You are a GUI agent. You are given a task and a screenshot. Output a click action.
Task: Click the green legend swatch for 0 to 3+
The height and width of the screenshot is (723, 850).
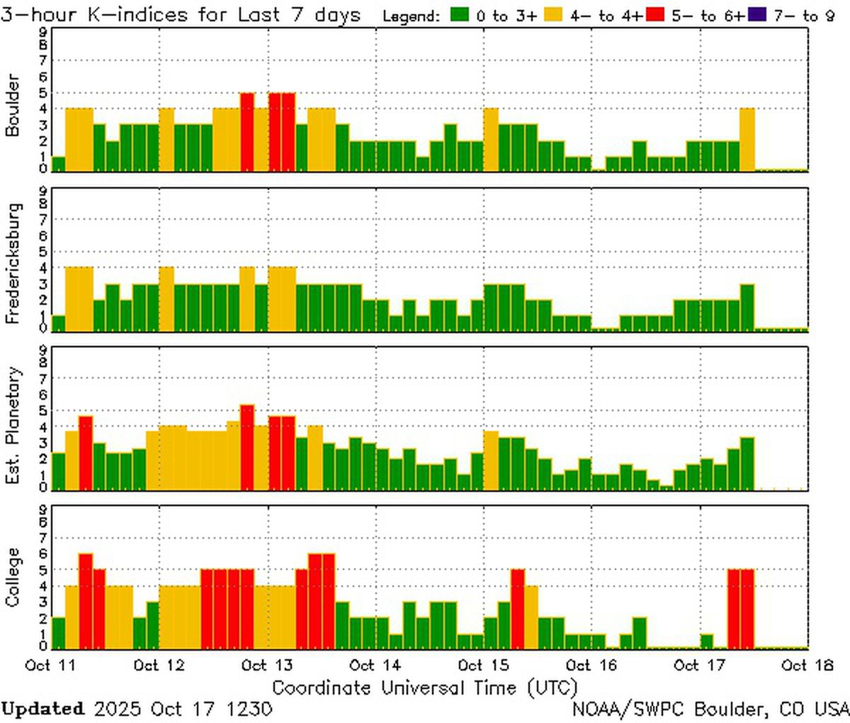pos(462,15)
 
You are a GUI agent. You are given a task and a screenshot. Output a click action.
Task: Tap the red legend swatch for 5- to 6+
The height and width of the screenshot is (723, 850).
pos(655,15)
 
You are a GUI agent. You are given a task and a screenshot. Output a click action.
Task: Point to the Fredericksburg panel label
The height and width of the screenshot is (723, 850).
pos(12,263)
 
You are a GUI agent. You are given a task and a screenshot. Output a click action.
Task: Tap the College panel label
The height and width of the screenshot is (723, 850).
pos(12,577)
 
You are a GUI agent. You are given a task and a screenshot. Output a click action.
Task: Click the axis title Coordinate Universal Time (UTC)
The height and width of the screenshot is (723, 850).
pos(424,688)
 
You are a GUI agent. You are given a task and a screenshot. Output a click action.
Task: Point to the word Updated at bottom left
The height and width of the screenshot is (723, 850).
pos(42,709)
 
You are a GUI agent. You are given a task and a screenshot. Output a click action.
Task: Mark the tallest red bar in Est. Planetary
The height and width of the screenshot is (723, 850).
pos(247,447)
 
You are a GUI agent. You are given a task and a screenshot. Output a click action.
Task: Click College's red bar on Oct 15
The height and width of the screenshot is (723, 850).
pos(518,609)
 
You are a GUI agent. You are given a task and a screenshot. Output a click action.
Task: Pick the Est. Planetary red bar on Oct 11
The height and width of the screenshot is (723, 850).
pos(86,452)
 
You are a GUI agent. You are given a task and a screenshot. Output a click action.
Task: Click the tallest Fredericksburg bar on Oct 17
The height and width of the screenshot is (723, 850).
pos(747,307)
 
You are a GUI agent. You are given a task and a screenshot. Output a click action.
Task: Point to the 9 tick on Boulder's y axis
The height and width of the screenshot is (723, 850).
pos(44,31)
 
